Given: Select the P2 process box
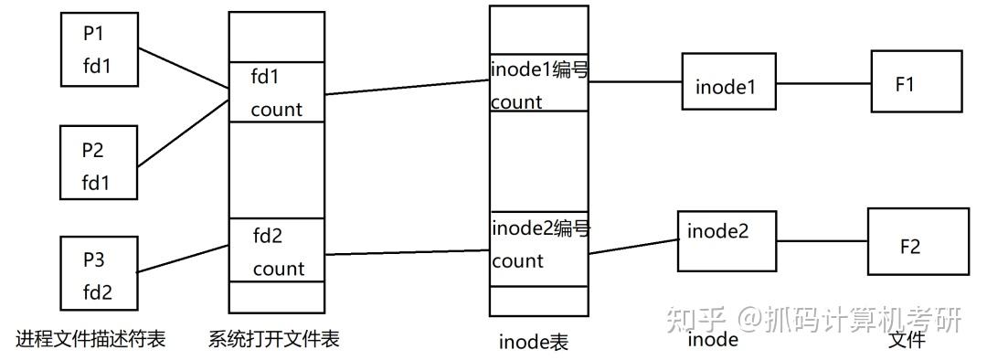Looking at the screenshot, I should tap(100, 164).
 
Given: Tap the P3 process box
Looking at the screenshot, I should tap(100, 275).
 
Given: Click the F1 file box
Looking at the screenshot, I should tap(915, 83).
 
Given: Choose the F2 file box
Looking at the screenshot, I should tap(917, 242).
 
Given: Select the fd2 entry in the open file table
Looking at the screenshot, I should tap(276, 251).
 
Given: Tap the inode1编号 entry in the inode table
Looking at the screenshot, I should tap(539, 83).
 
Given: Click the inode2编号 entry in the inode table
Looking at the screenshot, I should tap(539, 244).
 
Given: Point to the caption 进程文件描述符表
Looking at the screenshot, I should tap(90, 339).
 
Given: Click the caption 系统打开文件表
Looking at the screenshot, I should tap(274, 339).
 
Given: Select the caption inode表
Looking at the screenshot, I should tap(534, 343).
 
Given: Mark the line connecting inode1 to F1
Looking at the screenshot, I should tap(824, 85).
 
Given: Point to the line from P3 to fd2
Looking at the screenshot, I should tap(183, 259).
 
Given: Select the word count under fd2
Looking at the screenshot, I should tap(279, 269).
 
